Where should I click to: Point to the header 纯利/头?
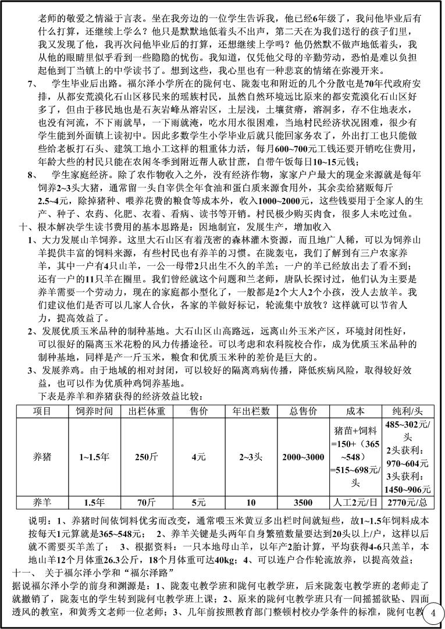(x=408, y=411)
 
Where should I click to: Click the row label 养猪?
(x=42, y=457)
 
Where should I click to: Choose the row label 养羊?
(x=42, y=502)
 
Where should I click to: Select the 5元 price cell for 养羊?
(x=198, y=502)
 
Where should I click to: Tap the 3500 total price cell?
(x=303, y=502)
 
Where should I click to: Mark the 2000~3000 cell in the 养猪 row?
(x=303, y=457)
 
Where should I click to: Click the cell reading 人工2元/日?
(x=355, y=502)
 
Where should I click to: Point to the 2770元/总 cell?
(x=408, y=502)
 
